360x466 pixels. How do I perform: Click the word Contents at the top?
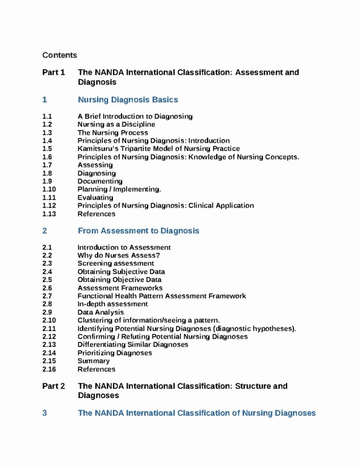59,55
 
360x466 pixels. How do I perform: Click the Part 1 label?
53,73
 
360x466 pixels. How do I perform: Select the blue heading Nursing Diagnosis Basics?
127,100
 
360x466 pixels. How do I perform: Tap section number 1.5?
47,149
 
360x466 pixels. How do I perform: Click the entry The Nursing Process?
112,132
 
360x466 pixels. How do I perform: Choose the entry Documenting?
100,181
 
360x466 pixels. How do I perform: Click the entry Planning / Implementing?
119,189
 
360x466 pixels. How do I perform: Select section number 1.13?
49,214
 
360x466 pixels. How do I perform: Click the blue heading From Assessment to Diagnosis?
138,231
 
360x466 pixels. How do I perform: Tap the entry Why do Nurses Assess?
118,255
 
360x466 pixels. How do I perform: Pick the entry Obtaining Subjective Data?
121,272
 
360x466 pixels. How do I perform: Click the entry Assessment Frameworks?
120,288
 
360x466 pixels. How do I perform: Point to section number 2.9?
47,312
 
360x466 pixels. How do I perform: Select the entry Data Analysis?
100,312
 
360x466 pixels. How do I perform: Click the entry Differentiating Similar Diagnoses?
132,345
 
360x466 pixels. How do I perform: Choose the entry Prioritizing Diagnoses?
114,353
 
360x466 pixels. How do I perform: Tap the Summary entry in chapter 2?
93,361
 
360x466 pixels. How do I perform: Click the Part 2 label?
53,387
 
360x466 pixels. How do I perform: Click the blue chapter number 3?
44,413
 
